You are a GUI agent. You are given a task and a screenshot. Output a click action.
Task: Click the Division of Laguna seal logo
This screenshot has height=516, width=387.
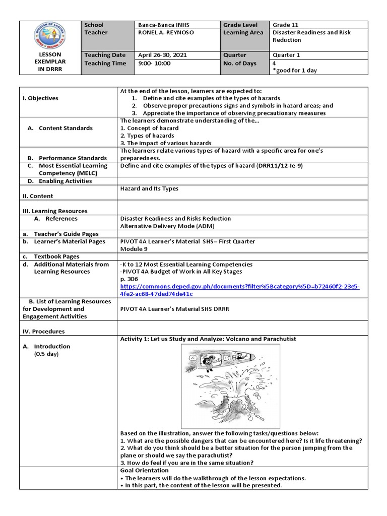click(49, 36)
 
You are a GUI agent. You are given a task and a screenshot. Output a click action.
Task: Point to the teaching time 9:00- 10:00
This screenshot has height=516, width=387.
click(154, 63)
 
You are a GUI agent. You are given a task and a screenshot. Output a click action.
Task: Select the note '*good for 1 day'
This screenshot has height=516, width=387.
click(295, 71)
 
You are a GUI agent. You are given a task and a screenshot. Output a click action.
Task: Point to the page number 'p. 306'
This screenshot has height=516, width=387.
click(129, 279)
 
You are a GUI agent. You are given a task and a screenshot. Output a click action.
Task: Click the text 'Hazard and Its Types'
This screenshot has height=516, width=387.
click(149, 188)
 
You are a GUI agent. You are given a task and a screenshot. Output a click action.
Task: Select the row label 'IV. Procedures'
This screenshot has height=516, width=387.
click(43, 332)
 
